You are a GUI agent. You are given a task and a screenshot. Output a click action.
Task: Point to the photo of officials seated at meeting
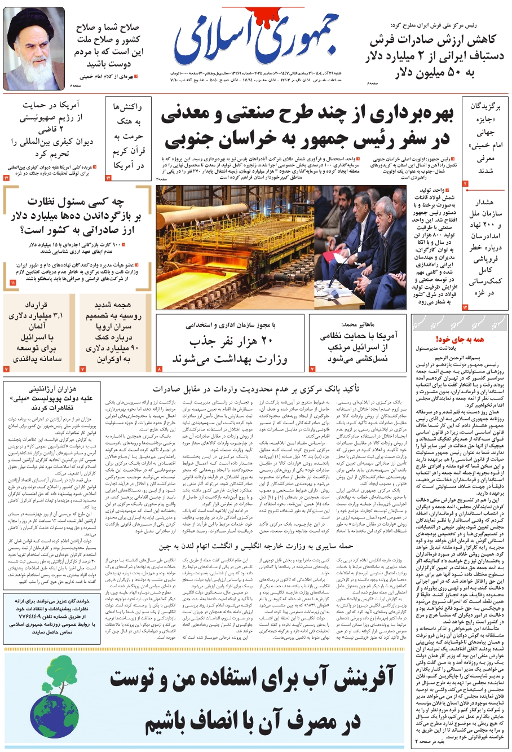pos(359,247)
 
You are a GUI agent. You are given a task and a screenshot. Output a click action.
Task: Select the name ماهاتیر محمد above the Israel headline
pos(357,325)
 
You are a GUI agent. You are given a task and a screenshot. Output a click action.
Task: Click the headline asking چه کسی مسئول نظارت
pos(79,215)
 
